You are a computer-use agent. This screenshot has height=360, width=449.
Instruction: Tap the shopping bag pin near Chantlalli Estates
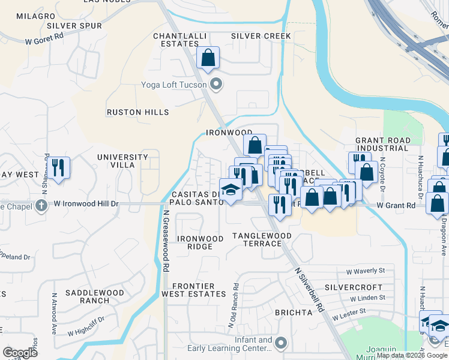[x=208, y=59]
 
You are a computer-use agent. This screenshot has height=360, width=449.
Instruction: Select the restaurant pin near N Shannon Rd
[x=58, y=167]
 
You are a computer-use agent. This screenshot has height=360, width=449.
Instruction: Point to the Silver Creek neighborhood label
[x=261, y=37]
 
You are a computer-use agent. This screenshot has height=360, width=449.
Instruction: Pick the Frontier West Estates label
[x=199, y=290]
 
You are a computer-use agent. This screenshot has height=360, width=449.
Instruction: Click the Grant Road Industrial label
[x=382, y=144]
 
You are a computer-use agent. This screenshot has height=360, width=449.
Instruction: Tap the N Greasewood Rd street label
[x=164, y=235]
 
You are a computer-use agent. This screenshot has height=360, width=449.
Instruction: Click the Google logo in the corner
[x=20, y=353]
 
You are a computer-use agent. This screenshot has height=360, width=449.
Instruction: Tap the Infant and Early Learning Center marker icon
[x=281, y=344]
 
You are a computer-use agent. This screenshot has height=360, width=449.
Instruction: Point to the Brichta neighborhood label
[x=294, y=313]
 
